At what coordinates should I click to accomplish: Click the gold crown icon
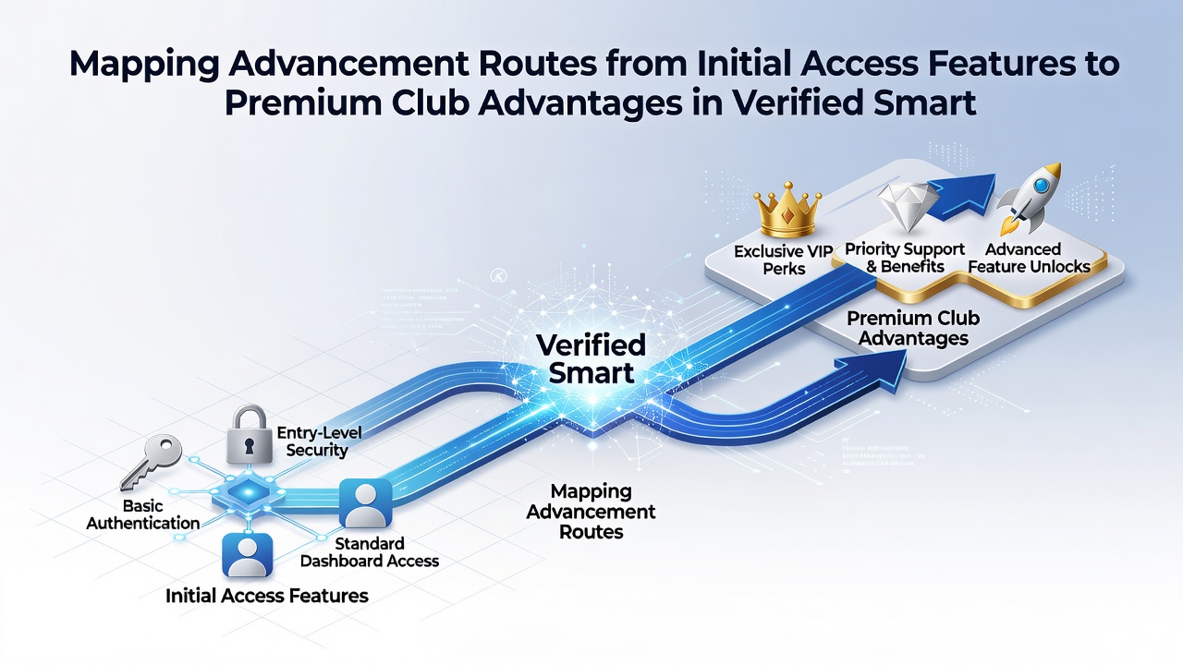(787, 211)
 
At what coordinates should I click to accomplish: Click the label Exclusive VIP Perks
(784, 260)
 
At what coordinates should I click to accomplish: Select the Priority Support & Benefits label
(905, 258)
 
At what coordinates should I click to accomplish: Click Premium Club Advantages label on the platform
(913, 328)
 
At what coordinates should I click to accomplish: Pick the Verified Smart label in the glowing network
(591, 359)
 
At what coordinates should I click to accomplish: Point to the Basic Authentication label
(142, 514)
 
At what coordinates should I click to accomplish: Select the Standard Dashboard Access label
(370, 552)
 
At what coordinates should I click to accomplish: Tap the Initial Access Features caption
(267, 596)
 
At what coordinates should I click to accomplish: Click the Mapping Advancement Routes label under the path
(591, 511)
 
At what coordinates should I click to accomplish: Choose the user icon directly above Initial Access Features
(248, 554)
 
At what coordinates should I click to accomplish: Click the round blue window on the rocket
(1042, 186)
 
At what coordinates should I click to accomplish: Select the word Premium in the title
(303, 102)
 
